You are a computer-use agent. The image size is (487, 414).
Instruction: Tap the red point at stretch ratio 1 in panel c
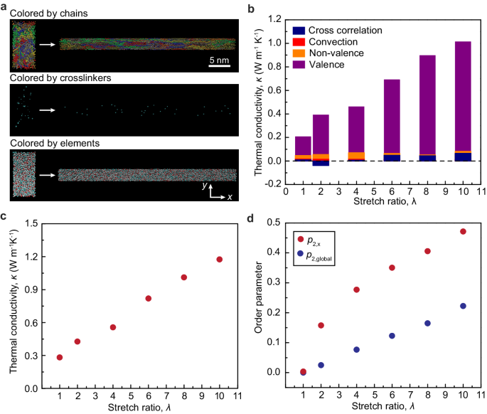60,357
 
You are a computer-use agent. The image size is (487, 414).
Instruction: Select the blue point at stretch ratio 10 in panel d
463,306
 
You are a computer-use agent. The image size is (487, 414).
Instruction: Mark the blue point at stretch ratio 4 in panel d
357,349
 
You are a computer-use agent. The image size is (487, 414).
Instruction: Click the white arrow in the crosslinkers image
48,110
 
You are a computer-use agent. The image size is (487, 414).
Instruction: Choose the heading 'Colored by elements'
50,143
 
